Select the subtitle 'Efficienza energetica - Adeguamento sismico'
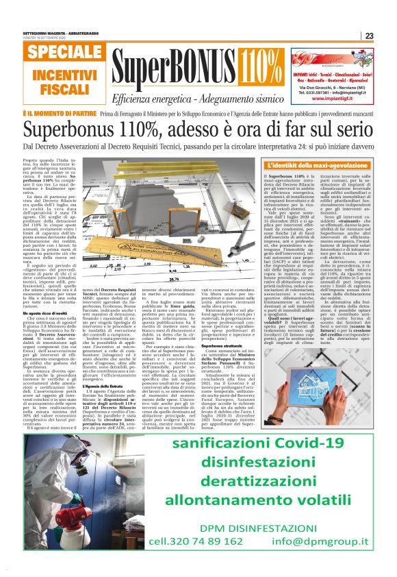click(188, 98)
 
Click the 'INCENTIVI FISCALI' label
click(55, 82)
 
